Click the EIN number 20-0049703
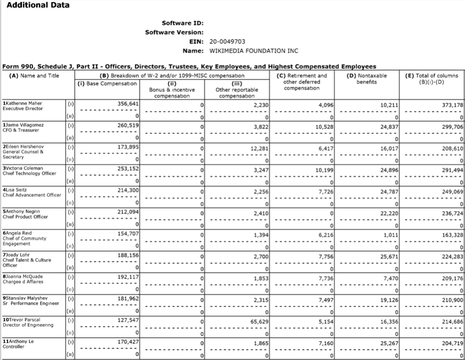[x=227, y=42]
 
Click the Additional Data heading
[x=38, y=5]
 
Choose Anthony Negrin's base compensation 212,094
[x=128, y=213]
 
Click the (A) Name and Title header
[x=35, y=76]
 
